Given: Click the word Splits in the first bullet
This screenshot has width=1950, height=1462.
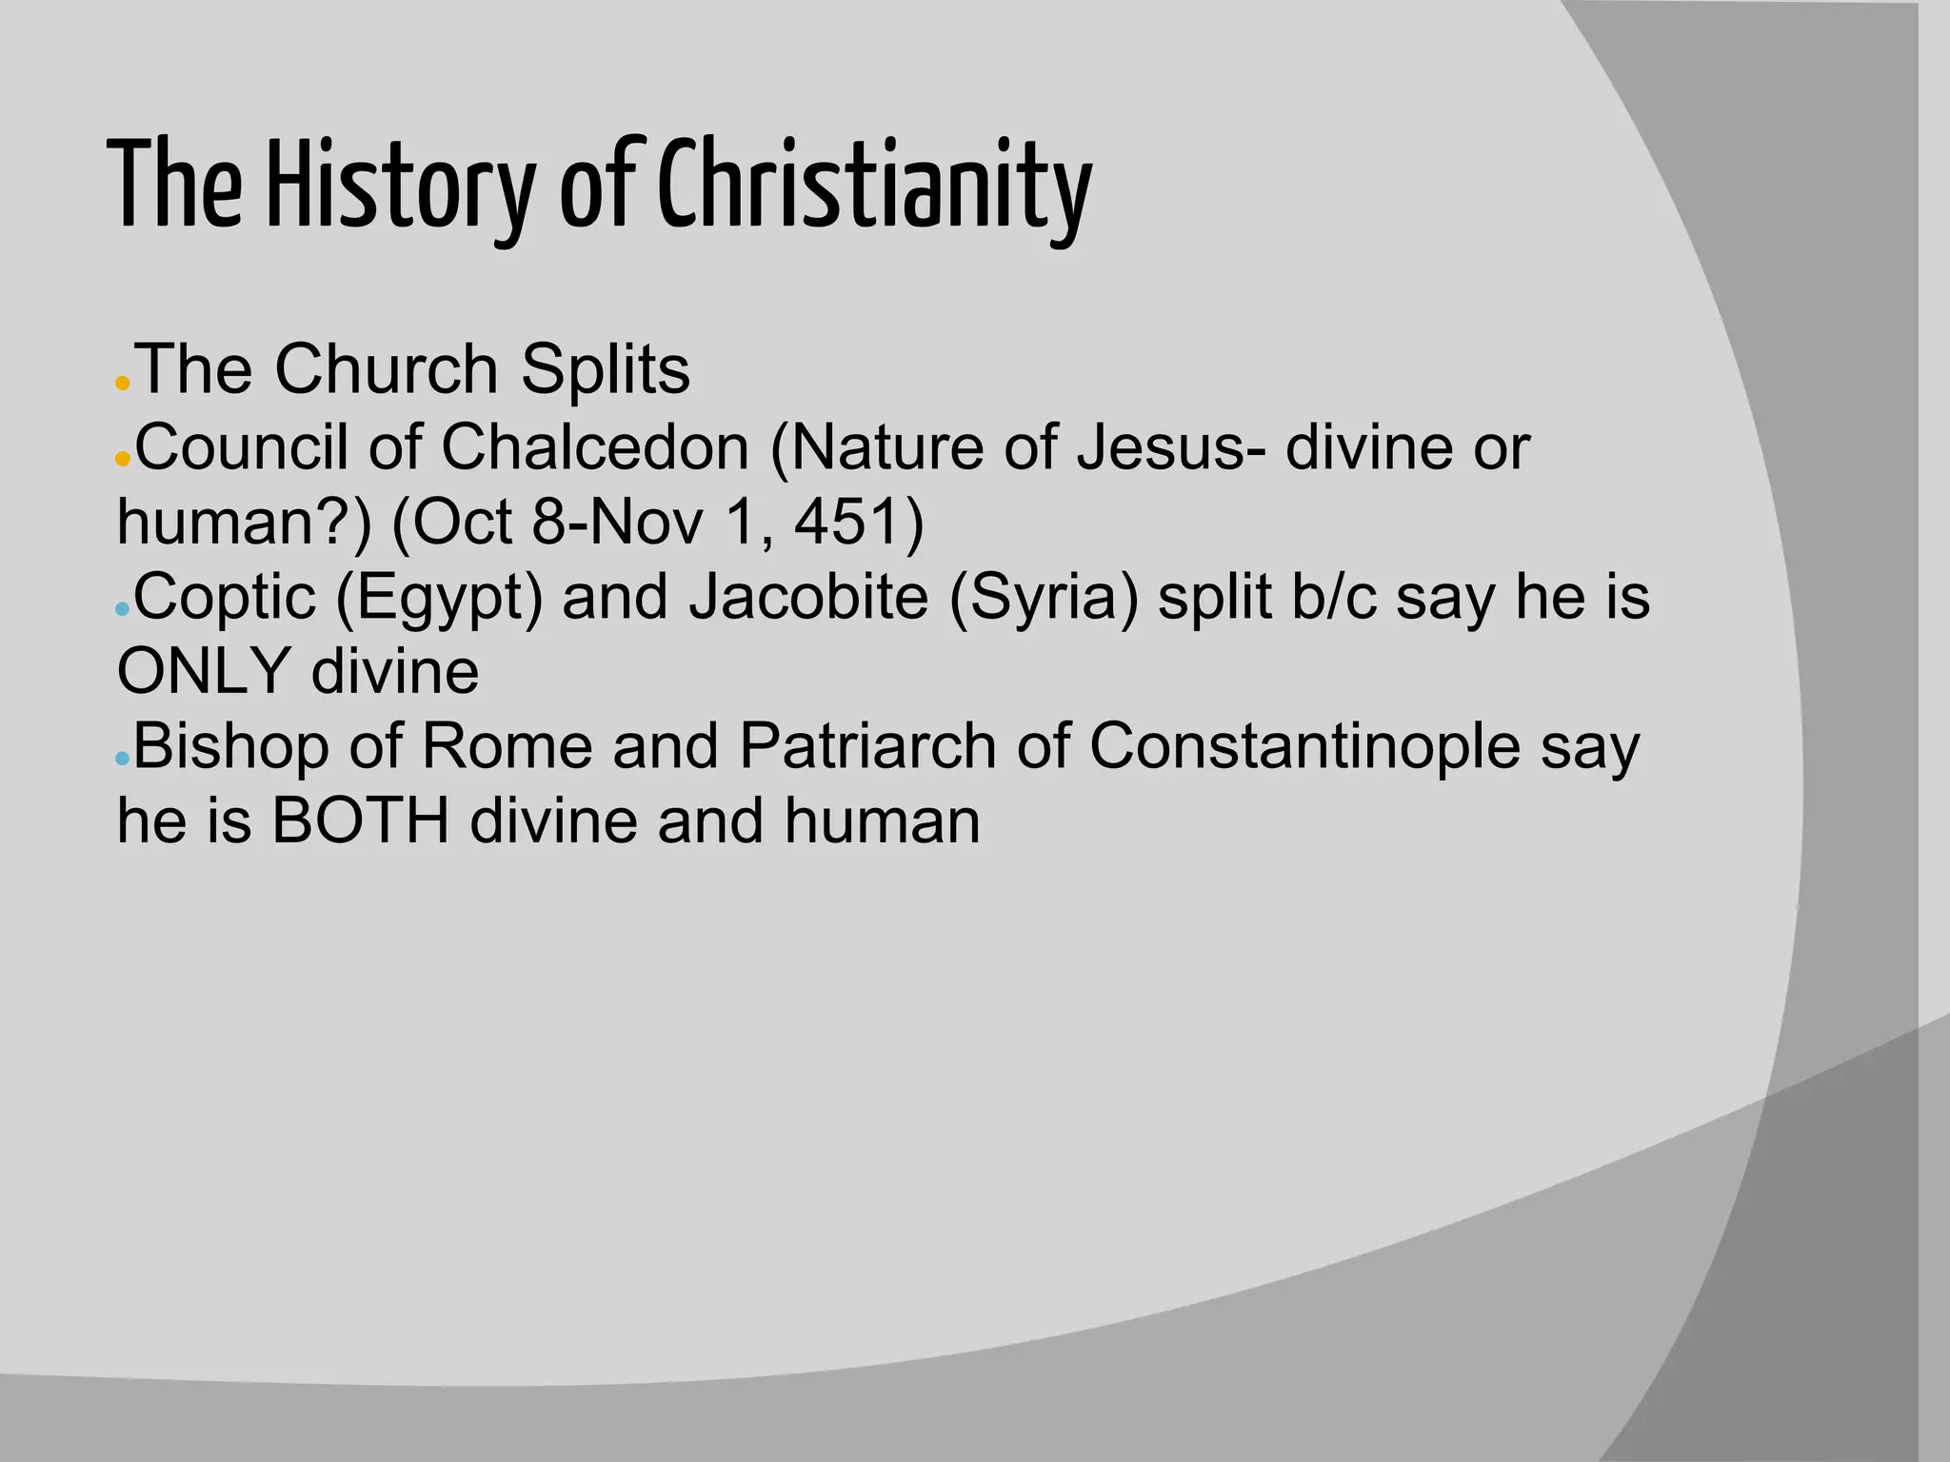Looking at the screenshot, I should [605, 369].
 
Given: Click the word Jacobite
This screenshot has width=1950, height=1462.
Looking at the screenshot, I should [808, 597].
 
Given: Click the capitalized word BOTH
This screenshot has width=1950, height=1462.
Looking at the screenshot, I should [360, 820].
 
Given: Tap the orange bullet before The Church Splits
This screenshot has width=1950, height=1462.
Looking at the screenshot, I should [122, 385].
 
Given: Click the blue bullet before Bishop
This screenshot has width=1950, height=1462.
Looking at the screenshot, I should [121, 759].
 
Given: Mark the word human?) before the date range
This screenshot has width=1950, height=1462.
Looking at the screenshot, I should [244, 522].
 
